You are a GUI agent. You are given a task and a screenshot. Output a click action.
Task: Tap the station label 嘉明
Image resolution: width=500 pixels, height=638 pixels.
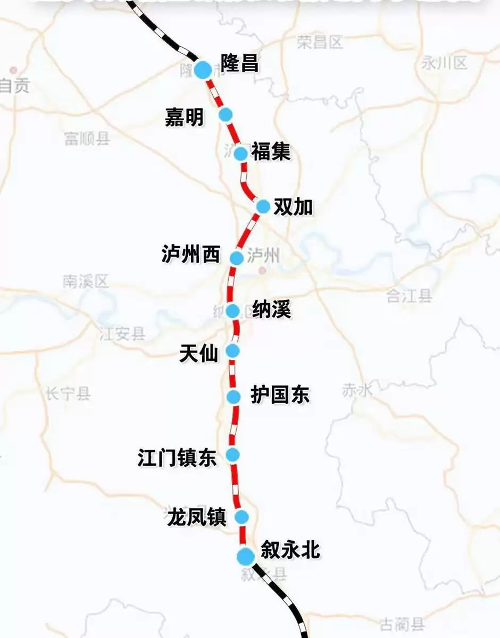184,117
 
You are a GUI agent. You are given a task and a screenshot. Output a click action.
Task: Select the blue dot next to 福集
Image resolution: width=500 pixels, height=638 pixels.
241,154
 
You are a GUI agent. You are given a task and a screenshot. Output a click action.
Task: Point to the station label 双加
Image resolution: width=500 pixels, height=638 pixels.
293,207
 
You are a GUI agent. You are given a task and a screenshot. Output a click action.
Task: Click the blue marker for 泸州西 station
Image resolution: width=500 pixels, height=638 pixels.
237,258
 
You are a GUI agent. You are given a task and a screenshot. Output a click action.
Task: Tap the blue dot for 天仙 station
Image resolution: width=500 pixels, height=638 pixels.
232,350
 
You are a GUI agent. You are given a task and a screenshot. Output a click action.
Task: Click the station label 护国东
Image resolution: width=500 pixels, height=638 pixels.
280,396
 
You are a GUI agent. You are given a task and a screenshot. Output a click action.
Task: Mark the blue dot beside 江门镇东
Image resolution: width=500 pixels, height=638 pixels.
232,455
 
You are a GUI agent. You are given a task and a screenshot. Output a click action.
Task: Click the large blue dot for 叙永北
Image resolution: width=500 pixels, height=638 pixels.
245,557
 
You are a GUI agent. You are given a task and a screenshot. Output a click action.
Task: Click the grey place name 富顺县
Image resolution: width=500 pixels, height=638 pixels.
87,139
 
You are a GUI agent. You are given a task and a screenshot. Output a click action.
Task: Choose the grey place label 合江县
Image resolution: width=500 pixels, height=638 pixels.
409,296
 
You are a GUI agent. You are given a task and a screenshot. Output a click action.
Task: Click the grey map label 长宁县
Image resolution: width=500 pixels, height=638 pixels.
69,394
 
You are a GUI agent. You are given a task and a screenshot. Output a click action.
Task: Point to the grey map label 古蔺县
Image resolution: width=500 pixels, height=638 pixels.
402,624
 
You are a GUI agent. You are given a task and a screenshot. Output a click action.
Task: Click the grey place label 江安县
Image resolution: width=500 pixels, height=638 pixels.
122,334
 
